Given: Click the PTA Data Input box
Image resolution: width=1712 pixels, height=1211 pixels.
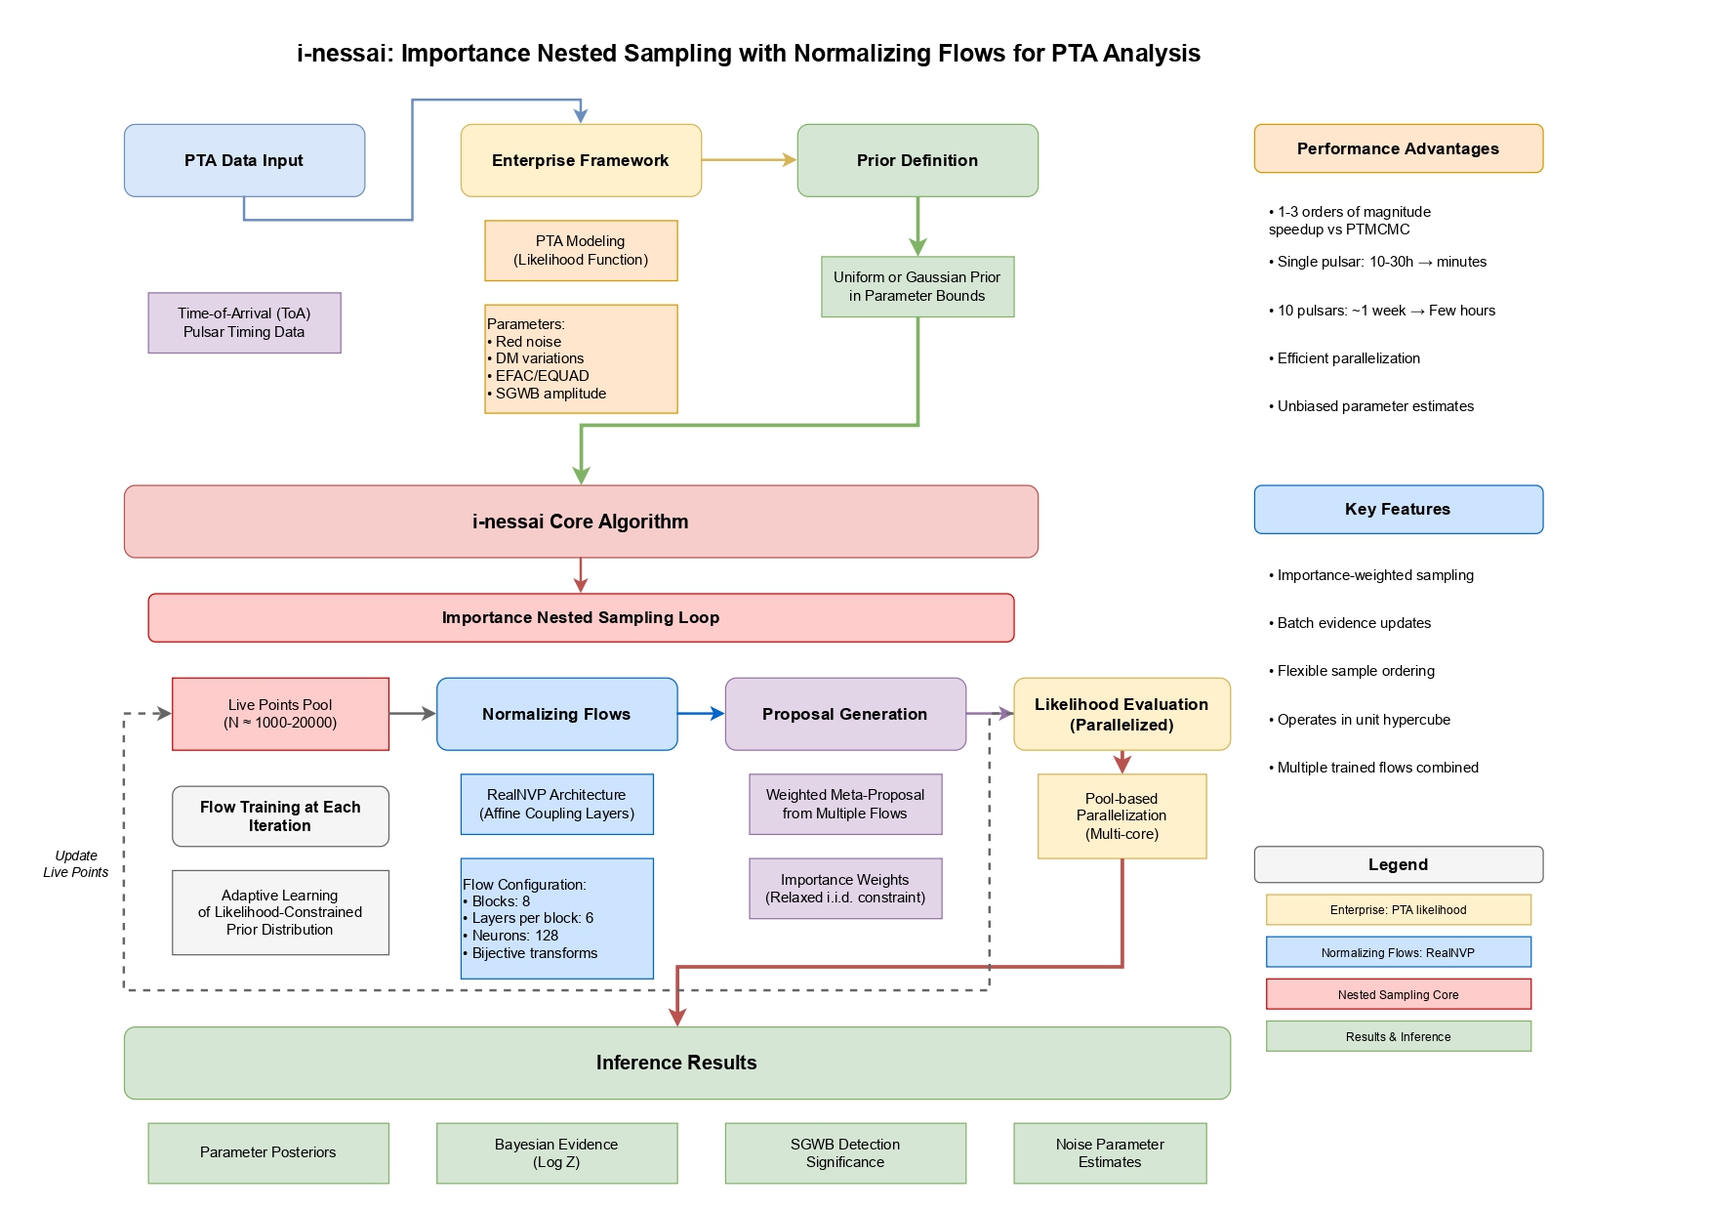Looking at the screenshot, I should [244, 160].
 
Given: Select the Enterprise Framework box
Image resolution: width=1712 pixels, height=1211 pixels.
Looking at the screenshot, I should [581, 160].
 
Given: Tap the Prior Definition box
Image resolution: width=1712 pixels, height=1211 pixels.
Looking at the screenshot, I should [917, 160].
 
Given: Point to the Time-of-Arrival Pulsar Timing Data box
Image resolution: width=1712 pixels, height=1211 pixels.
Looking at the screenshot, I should [244, 323].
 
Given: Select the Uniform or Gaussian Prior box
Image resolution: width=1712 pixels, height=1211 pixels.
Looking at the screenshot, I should [917, 287].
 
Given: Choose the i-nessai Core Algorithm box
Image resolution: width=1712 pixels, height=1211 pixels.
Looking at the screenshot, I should [581, 522].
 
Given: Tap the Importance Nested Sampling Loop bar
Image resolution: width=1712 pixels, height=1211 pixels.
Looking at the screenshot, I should [581, 617].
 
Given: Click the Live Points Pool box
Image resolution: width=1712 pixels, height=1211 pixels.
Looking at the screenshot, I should [280, 714].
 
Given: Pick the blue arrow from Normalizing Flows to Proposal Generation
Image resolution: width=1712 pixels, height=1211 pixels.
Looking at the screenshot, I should [701, 714].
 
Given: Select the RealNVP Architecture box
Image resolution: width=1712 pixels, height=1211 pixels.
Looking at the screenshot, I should [556, 805].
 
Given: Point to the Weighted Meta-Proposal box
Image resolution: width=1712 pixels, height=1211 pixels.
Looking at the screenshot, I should [845, 805].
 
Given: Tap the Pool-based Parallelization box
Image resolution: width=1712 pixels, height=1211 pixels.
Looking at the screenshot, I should [1121, 816].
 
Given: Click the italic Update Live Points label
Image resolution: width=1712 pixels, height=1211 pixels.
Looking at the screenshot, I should [76, 864].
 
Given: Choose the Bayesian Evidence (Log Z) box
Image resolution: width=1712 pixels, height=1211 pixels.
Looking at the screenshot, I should [556, 1153].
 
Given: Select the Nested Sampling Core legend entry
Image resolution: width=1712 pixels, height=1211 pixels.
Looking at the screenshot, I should [1398, 994].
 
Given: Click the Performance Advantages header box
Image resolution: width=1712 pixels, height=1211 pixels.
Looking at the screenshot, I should [1398, 148].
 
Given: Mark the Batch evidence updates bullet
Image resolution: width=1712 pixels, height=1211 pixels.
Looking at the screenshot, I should [1354, 623].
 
